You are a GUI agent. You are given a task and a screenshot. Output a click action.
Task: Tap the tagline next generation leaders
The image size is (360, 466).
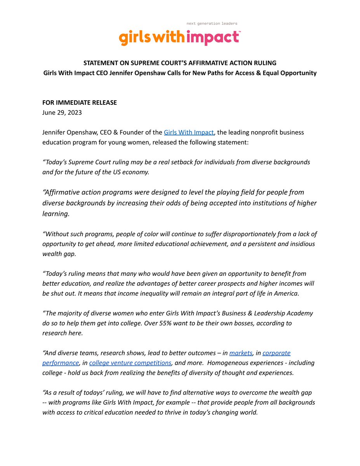[x=212, y=23]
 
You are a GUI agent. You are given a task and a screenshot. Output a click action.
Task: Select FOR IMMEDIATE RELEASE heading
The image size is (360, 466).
[x=80, y=103]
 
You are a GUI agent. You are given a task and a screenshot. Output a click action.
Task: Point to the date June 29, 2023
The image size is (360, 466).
[x=62, y=113]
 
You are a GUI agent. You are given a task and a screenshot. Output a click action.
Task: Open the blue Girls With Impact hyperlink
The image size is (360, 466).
[x=189, y=132]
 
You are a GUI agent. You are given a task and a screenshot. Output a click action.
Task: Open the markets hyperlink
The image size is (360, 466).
[x=241, y=353]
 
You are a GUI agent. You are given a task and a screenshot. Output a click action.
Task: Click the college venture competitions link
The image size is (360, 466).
[x=130, y=363]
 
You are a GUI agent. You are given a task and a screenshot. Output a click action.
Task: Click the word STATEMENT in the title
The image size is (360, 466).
[x=102, y=63]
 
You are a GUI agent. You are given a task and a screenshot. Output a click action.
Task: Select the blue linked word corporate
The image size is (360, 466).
[x=277, y=353]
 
